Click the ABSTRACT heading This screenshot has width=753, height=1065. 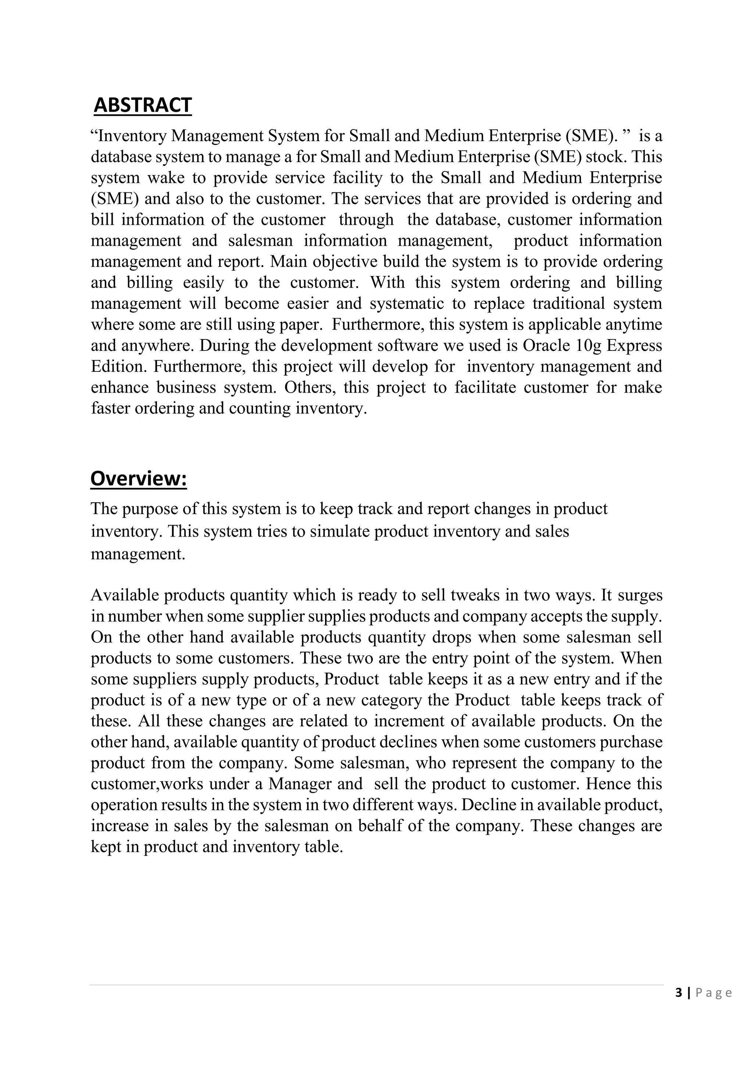(x=142, y=105)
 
